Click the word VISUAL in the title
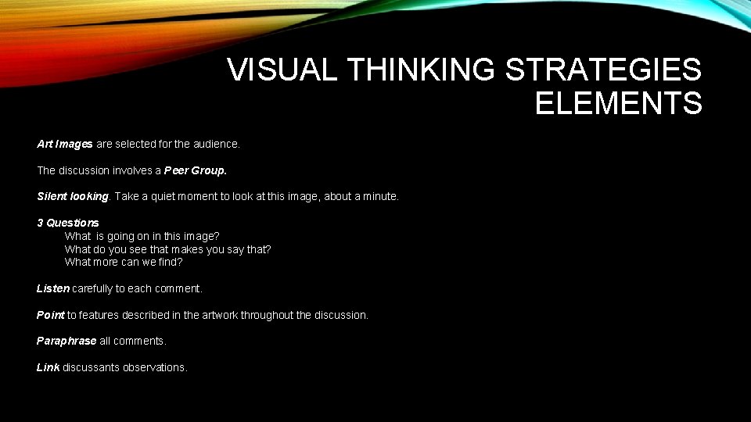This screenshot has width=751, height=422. [x=282, y=70]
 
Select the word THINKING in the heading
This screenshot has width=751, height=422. [x=422, y=70]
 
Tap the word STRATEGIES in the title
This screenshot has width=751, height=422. [x=604, y=70]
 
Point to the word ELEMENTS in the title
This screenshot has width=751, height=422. [x=618, y=103]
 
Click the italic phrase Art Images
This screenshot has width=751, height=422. [x=65, y=144]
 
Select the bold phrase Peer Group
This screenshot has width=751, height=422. [x=196, y=170]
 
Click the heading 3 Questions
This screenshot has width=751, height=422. [x=68, y=223]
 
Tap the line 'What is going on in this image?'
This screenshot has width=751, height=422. [x=142, y=236]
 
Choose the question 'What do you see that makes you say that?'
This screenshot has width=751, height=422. [x=167, y=249]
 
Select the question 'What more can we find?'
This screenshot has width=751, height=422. [x=124, y=262]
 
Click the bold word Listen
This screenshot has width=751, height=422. [x=53, y=288]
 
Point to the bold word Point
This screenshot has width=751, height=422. [x=51, y=315]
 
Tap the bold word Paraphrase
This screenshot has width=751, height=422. [x=66, y=341]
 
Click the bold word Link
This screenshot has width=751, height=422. [x=48, y=367]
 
